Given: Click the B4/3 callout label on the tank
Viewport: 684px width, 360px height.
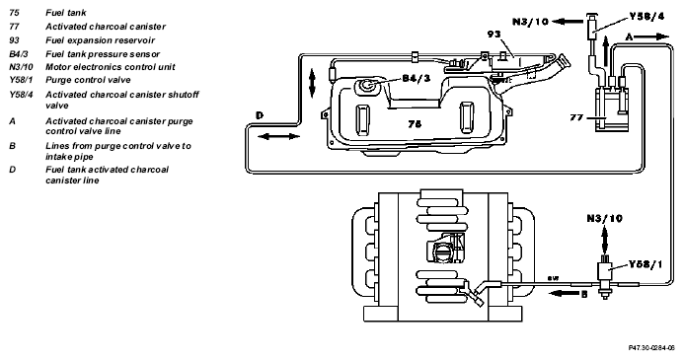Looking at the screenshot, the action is (417, 78).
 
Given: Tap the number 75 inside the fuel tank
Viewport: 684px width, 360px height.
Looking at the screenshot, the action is (415, 124).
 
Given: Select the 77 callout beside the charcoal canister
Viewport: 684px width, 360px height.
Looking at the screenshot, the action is (576, 117).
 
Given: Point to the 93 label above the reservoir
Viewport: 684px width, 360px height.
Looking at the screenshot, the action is (494, 34).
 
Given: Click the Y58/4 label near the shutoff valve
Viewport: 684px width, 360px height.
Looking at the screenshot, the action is (646, 17).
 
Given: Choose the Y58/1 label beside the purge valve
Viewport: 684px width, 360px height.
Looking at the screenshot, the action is (646, 264).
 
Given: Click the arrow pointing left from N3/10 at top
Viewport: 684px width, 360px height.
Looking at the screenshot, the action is (568, 21).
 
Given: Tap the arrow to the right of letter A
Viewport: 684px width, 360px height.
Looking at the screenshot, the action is (651, 37).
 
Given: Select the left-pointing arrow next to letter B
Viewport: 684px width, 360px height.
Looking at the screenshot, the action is (564, 293).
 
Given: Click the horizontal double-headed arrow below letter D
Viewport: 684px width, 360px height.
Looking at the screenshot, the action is (278, 136).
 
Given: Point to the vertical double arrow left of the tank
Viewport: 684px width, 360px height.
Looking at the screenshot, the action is (312, 83).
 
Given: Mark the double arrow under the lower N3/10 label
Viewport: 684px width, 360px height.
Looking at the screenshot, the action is (605, 240).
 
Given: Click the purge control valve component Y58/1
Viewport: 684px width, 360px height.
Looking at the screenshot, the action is (605, 275).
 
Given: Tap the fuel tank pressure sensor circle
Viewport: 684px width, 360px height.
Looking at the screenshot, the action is (365, 86).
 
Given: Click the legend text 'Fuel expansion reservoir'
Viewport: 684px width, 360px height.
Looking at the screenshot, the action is (100, 40).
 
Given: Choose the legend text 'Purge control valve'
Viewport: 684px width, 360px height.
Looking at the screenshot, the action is (88, 80).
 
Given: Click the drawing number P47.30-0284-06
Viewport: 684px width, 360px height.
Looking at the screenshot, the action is (651, 348).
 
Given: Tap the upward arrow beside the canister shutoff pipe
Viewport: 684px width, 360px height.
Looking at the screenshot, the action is (605, 50).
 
